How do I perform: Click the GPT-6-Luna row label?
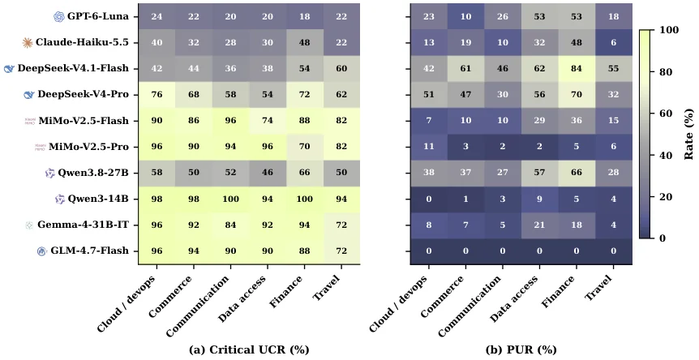coord(97,16)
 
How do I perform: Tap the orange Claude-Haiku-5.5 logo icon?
coord(28,42)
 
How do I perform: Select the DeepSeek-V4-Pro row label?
coord(83,94)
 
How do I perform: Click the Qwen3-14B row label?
coord(97,199)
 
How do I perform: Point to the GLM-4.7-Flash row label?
coord(89,251)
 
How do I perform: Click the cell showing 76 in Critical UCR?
coord(157,94)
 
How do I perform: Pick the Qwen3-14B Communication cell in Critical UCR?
coord(230,199)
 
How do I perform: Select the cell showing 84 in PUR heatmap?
coord(577,69)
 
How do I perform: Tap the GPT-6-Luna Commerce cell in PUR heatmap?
coord(465,16)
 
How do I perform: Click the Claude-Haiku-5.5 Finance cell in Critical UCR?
coord(304,42)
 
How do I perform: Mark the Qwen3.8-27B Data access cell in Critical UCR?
coord(268,173)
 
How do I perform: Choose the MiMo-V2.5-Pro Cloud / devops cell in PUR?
coord(429,147)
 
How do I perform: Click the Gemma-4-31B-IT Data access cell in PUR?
coord(539,225)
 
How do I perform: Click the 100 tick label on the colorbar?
coord(669,30)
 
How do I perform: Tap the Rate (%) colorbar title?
coord(688,134)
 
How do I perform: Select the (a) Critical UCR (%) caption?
coord(249,349)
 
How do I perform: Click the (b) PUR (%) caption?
coord(521,349)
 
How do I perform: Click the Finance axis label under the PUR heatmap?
coord(558,292)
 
